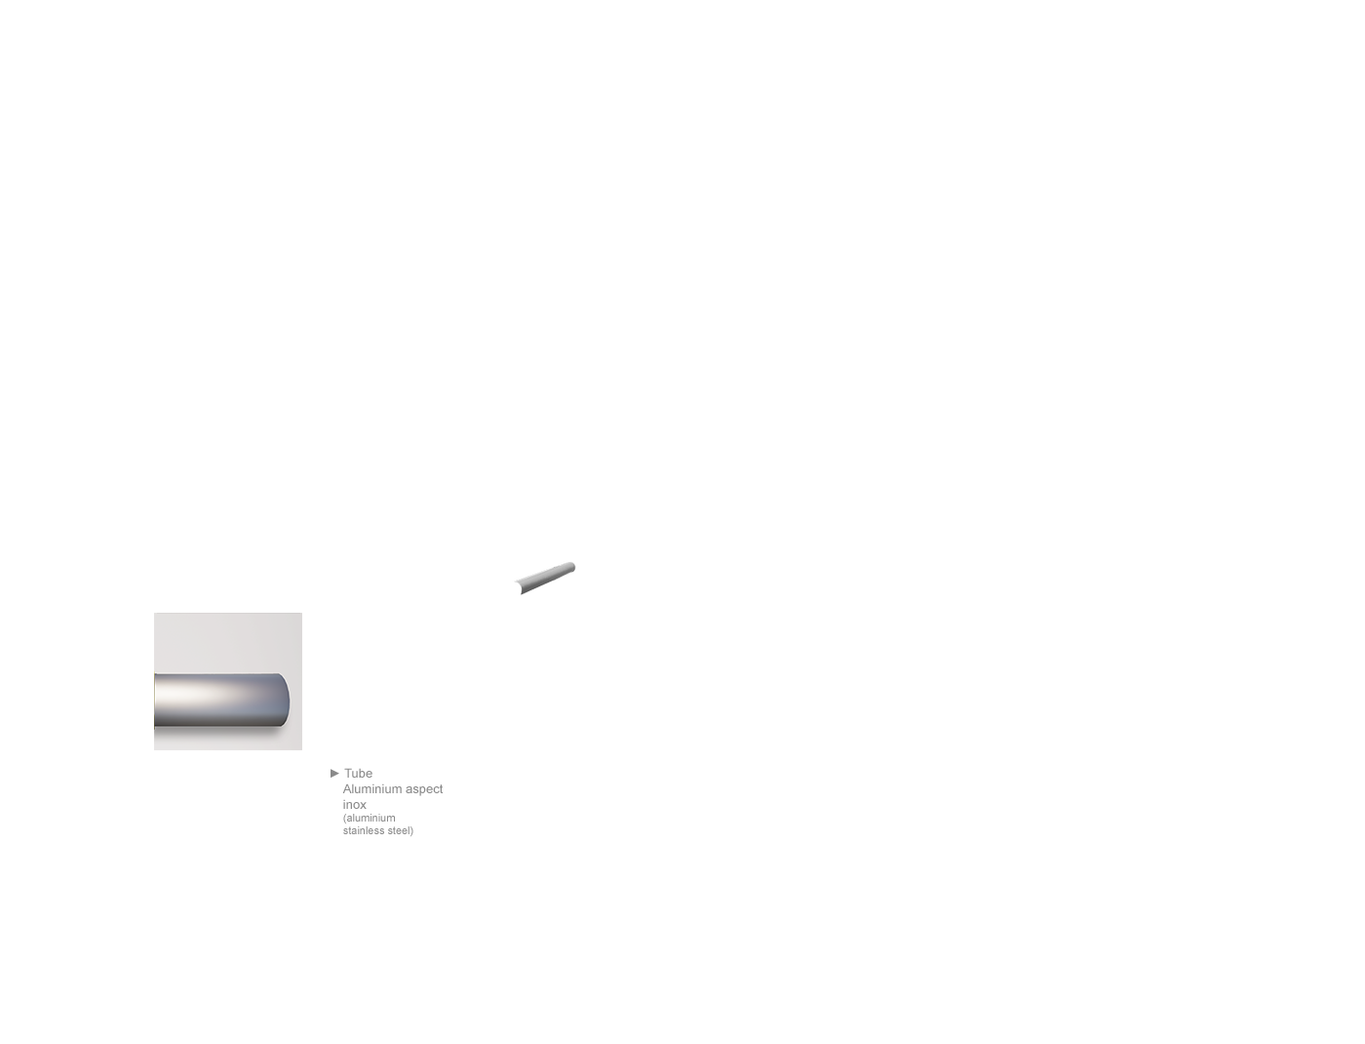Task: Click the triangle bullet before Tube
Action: click(334, 773)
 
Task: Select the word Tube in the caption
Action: click(358, 774)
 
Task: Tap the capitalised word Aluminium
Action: click(371, 789)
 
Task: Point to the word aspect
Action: click(424, 790)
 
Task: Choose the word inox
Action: click(355, 804)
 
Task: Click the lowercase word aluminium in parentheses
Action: click(370, 819)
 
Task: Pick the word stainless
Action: click(364, 830)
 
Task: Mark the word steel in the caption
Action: click(398, 830)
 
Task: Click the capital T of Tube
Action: click(348, 774)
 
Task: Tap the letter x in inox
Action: click(363, 805)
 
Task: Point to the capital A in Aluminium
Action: click(347, 789)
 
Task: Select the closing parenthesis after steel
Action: click(411, 830)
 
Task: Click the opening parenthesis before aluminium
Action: click(344, 819)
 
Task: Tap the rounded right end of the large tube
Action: click(285, 700)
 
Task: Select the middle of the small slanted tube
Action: click(545, 578)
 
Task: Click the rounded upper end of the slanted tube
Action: click(571, 567)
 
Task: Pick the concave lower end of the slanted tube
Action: click(519, 586)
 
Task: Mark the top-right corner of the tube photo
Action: click(302, 613)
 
